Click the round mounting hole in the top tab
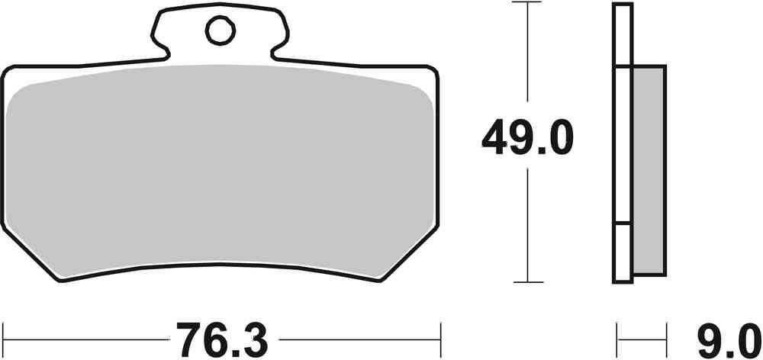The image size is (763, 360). click(x=219, y=31)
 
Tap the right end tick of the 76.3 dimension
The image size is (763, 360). click(x=440, y=335)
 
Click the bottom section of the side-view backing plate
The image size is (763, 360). click(x=623, y=252)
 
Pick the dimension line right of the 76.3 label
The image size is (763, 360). click(x=359, y=336)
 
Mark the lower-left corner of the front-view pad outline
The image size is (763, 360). click(x=61, y=279)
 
